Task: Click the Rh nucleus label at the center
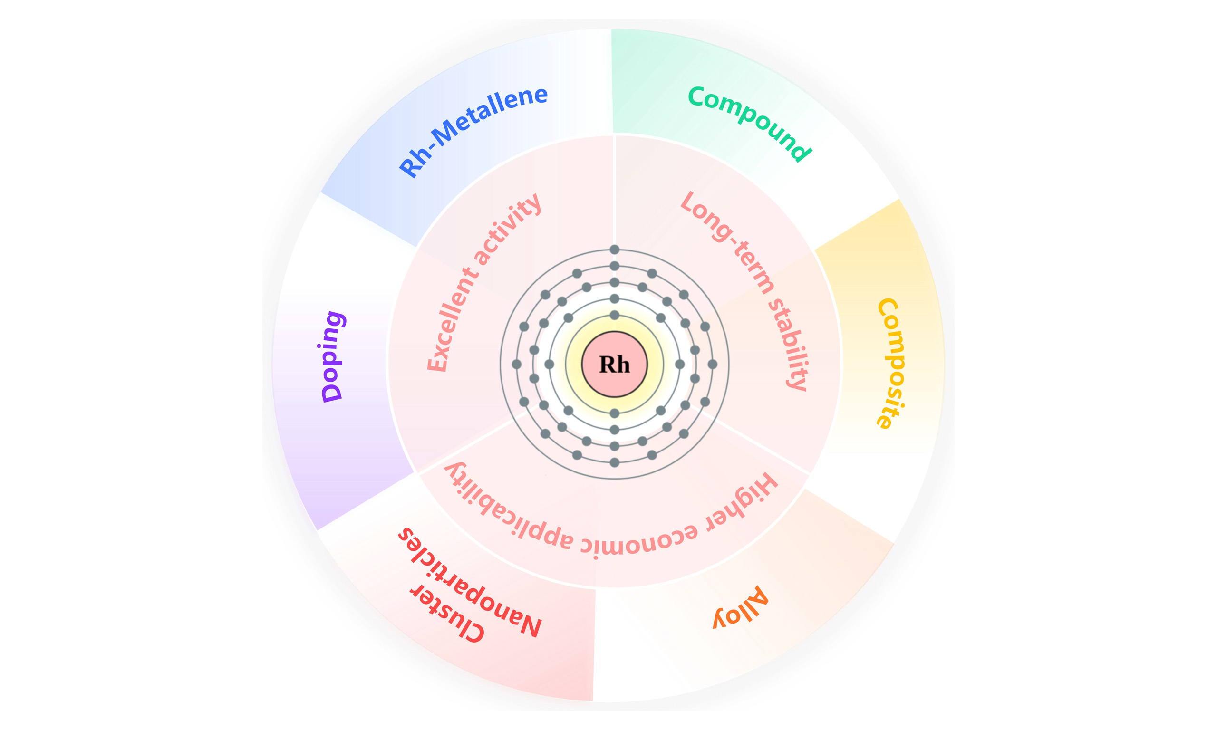[614, 365]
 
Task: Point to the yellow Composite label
[891, 364]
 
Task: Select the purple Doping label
[333, 356]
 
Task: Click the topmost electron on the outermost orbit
[614, 250]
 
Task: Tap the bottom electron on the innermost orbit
[614, 413]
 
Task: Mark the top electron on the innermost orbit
[614, 315]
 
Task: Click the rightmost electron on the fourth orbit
[712, 365]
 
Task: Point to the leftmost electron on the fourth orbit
[516, 365]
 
